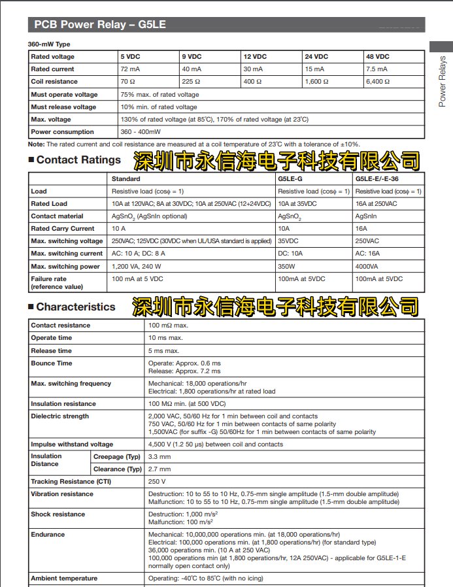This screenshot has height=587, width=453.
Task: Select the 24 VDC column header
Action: point(317,57)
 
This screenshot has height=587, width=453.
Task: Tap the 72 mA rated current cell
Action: point(129,69)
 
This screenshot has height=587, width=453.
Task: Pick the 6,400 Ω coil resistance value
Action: point(379,82)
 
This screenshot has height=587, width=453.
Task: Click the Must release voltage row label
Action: point(63,107)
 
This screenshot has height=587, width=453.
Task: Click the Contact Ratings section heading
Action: point(78,160)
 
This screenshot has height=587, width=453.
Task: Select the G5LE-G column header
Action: point(291,178)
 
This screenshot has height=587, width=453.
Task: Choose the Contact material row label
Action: point(57,216)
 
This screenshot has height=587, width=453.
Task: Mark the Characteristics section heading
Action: point(75,307)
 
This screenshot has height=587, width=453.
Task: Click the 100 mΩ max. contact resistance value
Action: point(168,326)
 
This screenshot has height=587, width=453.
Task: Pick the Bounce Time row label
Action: point(52,363)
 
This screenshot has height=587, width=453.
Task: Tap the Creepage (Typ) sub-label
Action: point(117,456)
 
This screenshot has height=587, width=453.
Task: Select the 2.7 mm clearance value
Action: point(159,469)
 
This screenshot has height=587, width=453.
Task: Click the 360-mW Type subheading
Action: point(49,44)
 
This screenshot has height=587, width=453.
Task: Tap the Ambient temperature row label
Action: point(64,579)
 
